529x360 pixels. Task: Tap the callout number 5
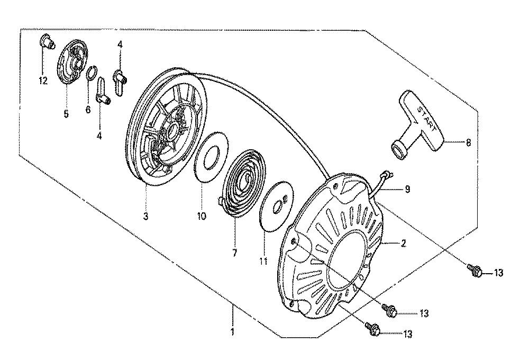[x=66, y=114]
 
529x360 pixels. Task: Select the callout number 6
[x=88, y=110]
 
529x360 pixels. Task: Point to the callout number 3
[x=145, y=216]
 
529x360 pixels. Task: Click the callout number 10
[x=202, y=216]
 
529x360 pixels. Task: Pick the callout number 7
[x=234, y=253]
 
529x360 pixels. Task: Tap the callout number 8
[x=468, y=143]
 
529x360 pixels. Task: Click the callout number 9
[x=407, y=189]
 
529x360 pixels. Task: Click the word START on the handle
[x=427, y=119]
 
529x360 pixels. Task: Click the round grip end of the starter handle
[x=399, y=150]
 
